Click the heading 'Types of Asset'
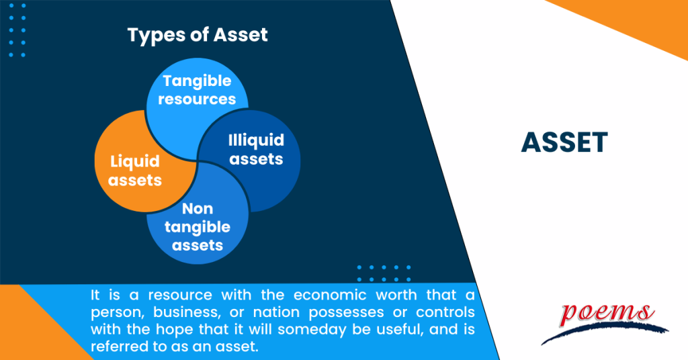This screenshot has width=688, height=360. [198, 36]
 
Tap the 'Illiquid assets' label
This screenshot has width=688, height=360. [255, 149]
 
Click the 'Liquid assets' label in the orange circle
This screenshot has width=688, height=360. [136, 171]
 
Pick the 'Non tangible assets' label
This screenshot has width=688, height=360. [197, 227]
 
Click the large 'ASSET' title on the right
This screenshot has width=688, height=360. [564, 142]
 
